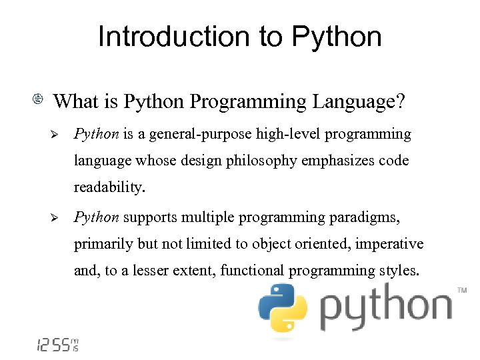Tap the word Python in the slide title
(x=338, y=38)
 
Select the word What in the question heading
(x=75, y=102)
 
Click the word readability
(x=107, y=188)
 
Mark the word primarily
(x=103, y=245)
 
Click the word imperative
(x=389, y=245)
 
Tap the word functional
(x=253, y=271)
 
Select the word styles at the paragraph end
(x=399, y=271)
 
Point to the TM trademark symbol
(x=461, y=291)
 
